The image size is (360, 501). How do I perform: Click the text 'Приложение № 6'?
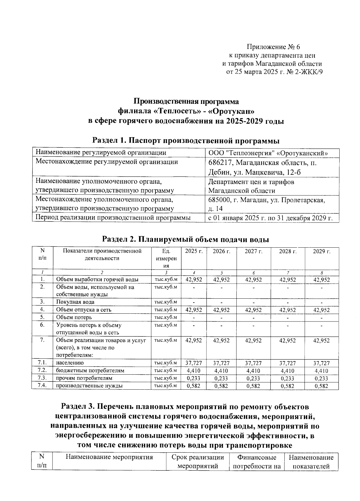point(273,47)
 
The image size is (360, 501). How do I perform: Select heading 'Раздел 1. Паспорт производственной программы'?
point(186,140)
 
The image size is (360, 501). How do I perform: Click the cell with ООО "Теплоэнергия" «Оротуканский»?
point(268,153)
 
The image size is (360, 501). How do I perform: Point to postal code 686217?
point(219,163)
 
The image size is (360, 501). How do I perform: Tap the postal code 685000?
point(219,200)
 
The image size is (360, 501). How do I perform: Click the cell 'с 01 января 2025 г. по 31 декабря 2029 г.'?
point(270,218)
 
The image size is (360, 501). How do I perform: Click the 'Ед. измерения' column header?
point(166,258)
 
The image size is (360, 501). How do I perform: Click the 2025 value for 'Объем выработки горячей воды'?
point(194,280)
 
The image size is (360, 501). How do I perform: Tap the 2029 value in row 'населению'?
point(321,363)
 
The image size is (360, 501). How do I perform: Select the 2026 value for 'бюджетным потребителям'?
point(221,371)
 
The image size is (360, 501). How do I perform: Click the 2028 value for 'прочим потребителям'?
point(287,379)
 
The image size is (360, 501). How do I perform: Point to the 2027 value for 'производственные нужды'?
point(253,386)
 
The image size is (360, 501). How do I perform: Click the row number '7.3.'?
point(42,378)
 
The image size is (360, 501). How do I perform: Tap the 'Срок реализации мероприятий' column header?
point(198,462)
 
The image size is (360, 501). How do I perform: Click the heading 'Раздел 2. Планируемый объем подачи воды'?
point(185,239)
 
